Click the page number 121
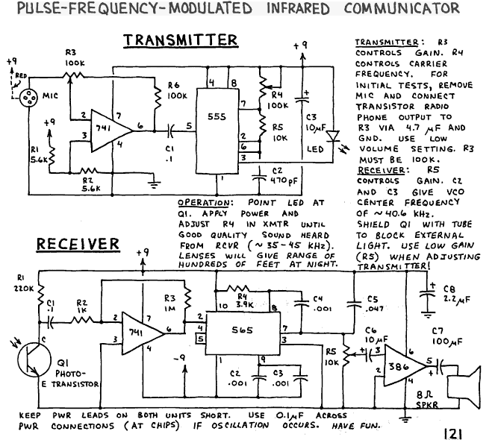(x=452, y=433)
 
